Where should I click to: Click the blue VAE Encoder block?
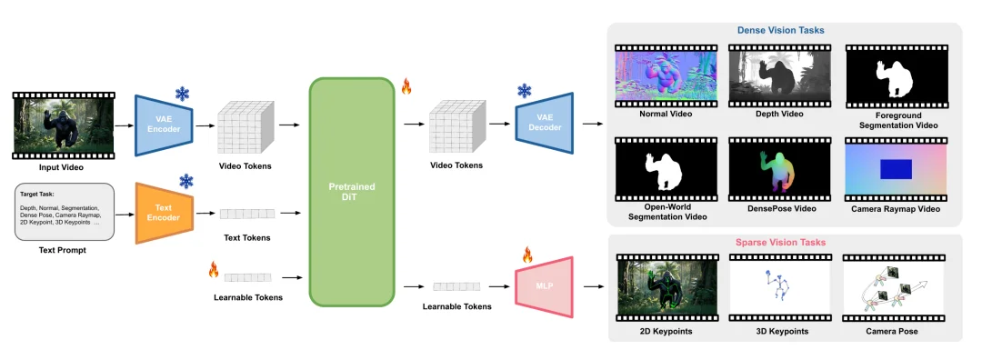(x=164, y=125)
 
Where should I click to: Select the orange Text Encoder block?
(x=164, y=213)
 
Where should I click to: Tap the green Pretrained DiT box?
(x=352, y=192)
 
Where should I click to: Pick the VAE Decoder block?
(x=545, y=124)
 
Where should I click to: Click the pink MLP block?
(x=545, y=286)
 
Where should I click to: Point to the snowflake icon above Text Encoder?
(x=186, y=182)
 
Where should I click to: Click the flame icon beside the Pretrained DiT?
(x=406, y=86)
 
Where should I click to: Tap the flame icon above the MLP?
(x=527, y=255)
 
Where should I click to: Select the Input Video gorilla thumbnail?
(x=64, y=125)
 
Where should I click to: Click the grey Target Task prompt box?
(x=65, y=212)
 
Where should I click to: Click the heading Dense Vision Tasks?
(x=780, y=30)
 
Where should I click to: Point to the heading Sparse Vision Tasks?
(x=780, y=243)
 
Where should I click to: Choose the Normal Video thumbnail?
(x=666, y=75)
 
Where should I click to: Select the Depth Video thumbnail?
(x=780, y=75)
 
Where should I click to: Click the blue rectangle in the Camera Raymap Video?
(x=897, y=170)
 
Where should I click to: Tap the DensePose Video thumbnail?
(x=780, y=169)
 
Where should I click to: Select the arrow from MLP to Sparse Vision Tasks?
(x=595, y=287)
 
